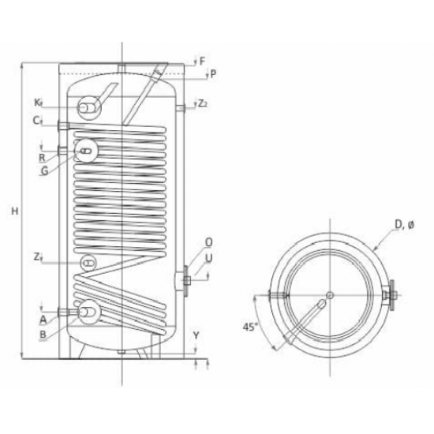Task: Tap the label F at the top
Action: coord(202,61)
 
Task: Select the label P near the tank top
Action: coord(213,74)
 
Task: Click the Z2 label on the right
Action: coord(203,103)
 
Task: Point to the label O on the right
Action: coord(208,242)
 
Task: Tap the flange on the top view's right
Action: coord(389,297)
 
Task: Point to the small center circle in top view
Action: coord(328,296)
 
